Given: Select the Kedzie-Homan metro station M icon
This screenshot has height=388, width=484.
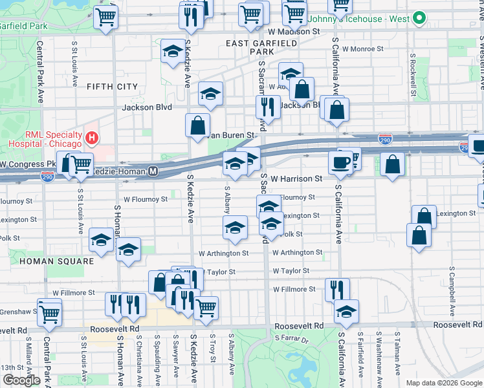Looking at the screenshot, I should pos(153,171).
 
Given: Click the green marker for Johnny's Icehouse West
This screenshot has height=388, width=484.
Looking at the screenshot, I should pos(418,18).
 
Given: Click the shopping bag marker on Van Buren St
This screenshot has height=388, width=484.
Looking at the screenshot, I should pos(197,125).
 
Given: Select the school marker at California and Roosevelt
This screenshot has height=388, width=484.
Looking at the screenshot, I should pos(347,312).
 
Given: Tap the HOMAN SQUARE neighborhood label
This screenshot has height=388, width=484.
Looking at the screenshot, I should pos(56,261).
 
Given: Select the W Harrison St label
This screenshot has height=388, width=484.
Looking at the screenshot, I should pos(296,178).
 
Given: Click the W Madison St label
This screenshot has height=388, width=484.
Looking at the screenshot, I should pos(294,31).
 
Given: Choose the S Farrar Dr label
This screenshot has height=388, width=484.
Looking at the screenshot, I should pos(293,338).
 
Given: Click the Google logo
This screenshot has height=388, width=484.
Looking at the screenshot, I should pos(21,380).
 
